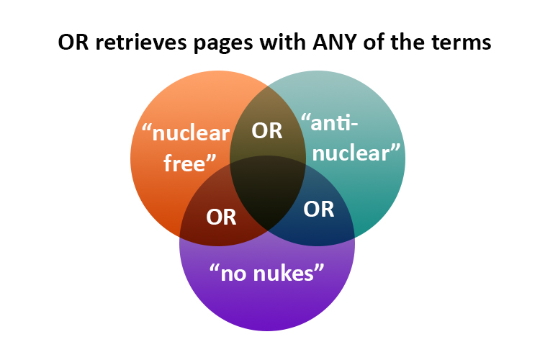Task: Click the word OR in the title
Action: (x=73, y=42)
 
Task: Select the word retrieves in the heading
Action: (x=142, y=42)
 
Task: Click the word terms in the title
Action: (x=462, y=43)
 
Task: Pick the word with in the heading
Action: (x=283, y=42)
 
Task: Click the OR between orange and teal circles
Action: (x=267, y=131)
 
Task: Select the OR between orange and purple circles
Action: (x=221, y=217)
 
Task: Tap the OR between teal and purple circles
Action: (x=318, y=209)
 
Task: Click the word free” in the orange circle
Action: (x=190, y=163)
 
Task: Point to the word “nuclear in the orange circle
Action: (x=186, y=132)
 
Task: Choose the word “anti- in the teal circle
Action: (x=330, y=122)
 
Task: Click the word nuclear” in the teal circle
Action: (x=356, y=152)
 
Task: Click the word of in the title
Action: (x=374, y=42)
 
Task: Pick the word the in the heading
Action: (x=408, y=42)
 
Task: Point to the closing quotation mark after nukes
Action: (x=319, y=267)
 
